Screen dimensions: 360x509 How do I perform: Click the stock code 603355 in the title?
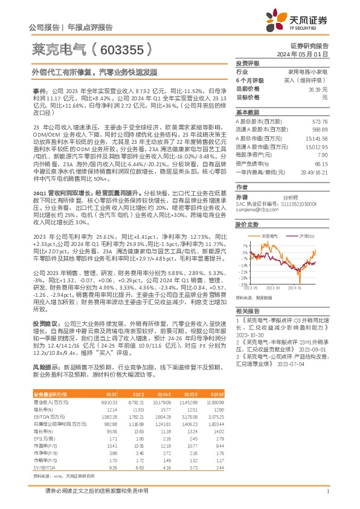tap(125, 49)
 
